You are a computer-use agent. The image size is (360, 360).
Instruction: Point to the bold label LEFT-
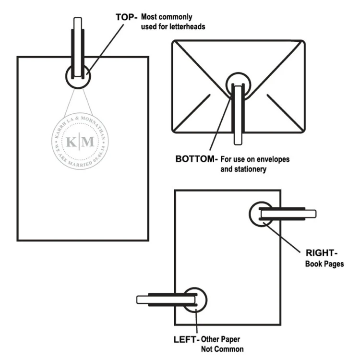point(185,339)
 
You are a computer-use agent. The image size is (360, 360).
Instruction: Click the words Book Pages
point(324,264)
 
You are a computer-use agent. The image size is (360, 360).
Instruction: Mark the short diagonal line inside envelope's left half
point(196,106)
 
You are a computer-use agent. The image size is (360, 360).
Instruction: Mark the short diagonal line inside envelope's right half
point(281,106)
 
